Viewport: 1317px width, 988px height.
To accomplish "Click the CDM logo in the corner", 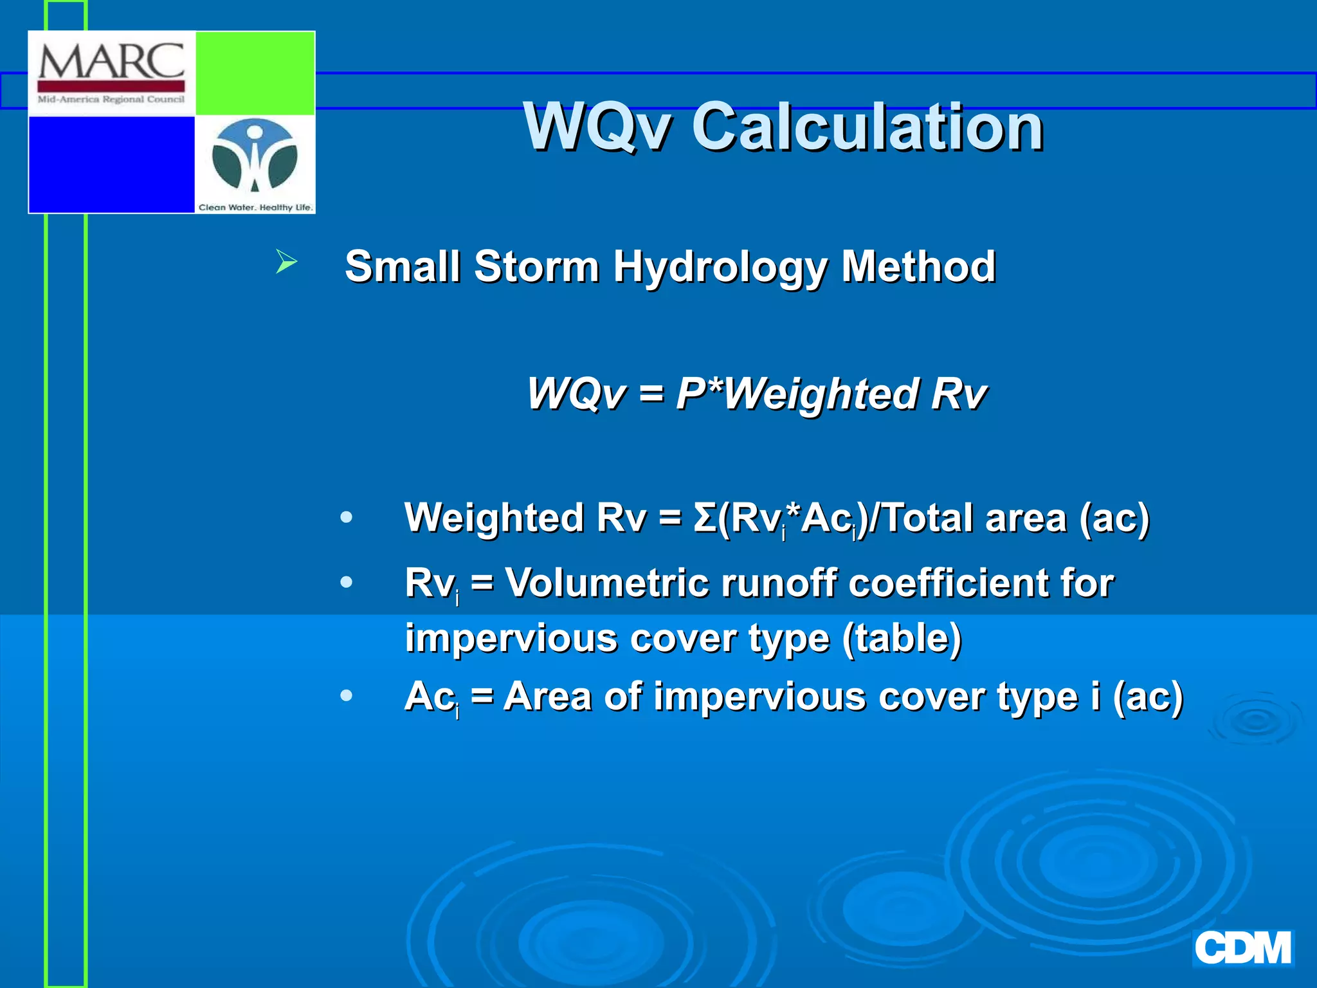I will (x=1242, y=948).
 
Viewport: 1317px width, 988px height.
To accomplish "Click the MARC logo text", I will (x=111, y=62).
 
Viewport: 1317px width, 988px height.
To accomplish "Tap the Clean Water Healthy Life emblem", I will (x=255, y=158).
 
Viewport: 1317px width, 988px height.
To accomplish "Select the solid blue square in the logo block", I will (x=111, y=164).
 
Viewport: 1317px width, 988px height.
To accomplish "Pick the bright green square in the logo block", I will (x=255, y=73).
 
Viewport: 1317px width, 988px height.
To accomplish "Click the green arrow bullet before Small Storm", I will (x=286, y=262).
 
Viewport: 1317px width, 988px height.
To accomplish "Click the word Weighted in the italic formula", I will (x=821, y=394).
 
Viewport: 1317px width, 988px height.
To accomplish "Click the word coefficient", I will (x=949, y=583).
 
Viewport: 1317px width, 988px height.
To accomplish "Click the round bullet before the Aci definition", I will (x=347, y=695).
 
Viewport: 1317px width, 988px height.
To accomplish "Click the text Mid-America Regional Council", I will (x=111, y=99).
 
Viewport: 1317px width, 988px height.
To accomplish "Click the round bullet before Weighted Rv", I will (x=347, y=517).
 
